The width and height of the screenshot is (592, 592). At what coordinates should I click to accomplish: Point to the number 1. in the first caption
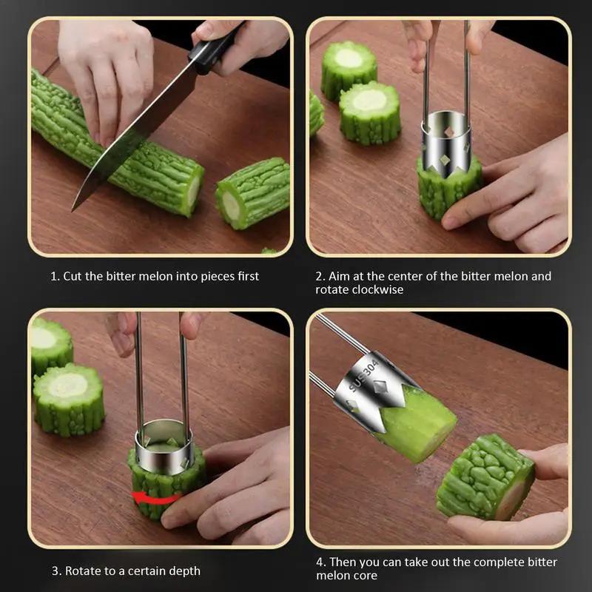click(55, 276)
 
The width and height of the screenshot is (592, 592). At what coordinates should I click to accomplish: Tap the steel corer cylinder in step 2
click(446, 141)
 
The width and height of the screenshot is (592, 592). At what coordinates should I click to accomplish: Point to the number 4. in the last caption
click(320, 562)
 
